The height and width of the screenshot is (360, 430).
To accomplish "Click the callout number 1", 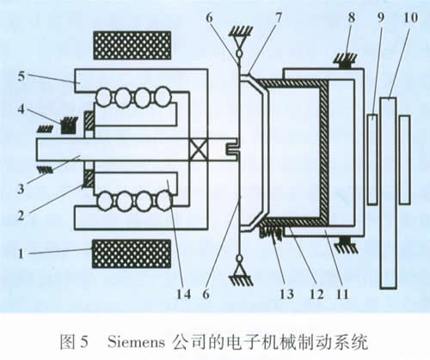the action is (21, 253).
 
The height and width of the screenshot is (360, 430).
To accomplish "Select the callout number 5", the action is (21, 76).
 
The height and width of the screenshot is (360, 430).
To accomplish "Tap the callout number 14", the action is (183, 294).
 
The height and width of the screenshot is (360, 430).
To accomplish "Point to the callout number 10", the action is (410, 18).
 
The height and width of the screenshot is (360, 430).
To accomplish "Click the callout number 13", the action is (286, 294).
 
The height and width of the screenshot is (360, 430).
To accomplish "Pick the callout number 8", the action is (352, 18).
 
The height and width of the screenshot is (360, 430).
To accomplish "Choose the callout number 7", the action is (278, 18).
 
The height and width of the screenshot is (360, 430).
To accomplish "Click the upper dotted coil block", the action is (132, 46).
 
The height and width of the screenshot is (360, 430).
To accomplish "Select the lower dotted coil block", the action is (132, 253).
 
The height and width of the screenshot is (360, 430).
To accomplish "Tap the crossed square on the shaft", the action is (199, 149).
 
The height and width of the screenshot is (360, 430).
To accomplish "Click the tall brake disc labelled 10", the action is (389, 193).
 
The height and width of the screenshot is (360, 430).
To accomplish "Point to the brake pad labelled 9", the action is (372, 160).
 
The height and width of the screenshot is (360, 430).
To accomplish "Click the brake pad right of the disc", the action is (405, 160).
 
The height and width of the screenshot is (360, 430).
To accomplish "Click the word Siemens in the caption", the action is (136, 342).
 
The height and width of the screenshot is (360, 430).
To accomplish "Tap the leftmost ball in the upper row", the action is (103, 97).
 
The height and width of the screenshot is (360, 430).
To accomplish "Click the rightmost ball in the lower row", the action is (164, 200).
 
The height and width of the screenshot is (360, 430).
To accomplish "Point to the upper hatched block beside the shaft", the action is (89, 120).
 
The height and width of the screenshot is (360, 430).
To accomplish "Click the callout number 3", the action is (21, 189).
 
